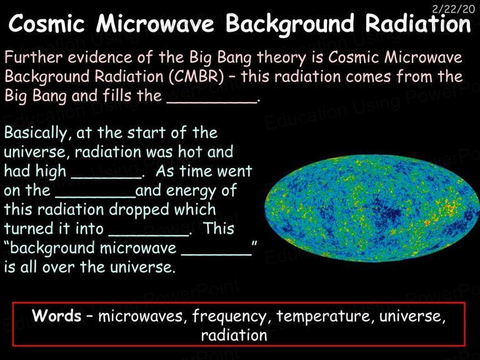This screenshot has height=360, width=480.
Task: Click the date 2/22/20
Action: [453, 9]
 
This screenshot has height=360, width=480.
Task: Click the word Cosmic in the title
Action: [46, 24]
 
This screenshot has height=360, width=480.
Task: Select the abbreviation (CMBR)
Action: [196, 76]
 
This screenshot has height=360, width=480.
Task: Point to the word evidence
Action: [99, 57]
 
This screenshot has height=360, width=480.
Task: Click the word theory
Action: [281, 58]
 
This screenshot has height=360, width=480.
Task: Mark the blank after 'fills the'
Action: [211, 102]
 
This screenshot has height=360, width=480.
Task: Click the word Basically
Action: [36, 133]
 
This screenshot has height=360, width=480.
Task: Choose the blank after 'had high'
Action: [106, 177]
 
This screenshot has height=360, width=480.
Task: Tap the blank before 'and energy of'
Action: [96, 196]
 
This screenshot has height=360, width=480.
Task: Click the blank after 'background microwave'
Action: [216, 254]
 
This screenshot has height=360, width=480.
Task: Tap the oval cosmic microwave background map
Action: [372, 209]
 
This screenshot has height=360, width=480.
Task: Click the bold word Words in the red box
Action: [57, 315]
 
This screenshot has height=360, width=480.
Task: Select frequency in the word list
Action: [229, 316]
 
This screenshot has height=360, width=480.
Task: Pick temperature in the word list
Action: [323, 316]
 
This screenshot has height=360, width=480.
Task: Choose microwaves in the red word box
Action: [140, 316]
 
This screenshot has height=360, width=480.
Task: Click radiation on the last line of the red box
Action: [234, 335]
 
